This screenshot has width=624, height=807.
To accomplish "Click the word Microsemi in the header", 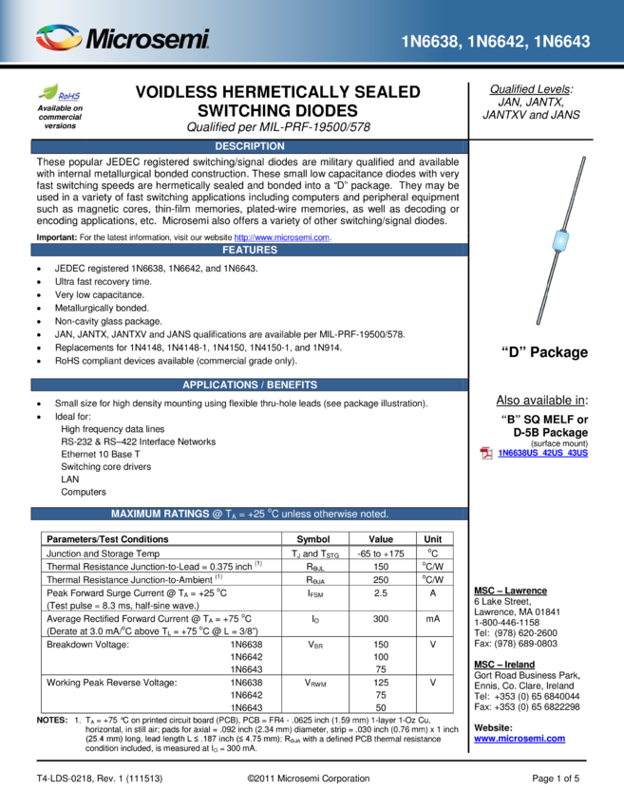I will (x=148, y=40).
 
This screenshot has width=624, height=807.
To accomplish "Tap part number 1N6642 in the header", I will (x=497, y=43).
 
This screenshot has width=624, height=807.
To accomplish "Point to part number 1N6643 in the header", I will (x=561, y=43).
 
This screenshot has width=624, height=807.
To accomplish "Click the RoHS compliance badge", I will (x=60, y=93).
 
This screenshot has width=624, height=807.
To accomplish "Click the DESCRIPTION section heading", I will (x=249, y=146).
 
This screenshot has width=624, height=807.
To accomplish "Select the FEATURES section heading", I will (x=249, y=250).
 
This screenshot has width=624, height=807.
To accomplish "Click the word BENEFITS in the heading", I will (x=289, y=385).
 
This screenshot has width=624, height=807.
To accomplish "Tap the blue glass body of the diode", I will (x=561, y=241).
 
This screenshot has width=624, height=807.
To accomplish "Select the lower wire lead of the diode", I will (x=549, y=289).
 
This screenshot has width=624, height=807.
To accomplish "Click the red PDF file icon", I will (x=485, y=453).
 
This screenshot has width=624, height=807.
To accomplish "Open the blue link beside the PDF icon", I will (x=543, y=453).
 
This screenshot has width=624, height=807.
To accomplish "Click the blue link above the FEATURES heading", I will (x=281, y=237).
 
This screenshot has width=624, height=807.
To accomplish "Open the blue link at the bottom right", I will (x=519, y=739).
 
